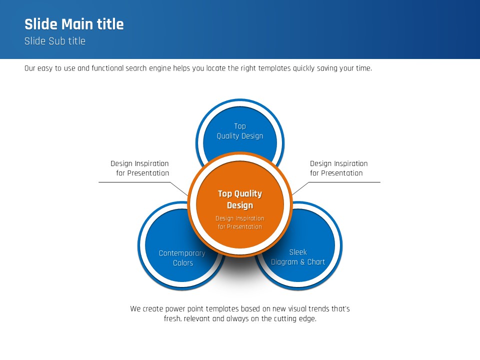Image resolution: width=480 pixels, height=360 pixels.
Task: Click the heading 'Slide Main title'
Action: pyautogui.click(x=74, y=24)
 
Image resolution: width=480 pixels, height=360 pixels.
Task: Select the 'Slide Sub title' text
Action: pyautogui.click(x=55, y=41)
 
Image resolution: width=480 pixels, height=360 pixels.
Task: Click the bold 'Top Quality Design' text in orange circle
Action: pyautogui.click(x=240, y=199)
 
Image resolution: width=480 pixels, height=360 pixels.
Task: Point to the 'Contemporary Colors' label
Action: pyautogui.click(x=182, y=258)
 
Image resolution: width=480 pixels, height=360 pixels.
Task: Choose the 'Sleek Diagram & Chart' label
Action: pyautogui.click(x=298, y=257)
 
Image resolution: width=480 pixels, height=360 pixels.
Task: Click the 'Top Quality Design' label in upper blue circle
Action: pyautogui.click(x=240, y=131)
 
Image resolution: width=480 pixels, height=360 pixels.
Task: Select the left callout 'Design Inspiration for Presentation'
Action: pyautogui.click(x=139, y=168)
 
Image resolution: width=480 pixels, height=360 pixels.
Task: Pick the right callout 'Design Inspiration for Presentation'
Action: pyautogui.click(x=338, y=168)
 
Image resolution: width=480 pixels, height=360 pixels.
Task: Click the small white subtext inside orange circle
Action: pyautogui.click(x=240, y=222)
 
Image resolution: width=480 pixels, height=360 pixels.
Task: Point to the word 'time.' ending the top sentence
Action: pyautogui.click(x=363, y=68)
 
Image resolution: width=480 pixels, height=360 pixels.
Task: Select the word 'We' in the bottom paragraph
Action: pyautogui.click(x=135, y=309)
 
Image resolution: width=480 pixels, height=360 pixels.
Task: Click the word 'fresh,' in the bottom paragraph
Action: pyautogui.click(x=172, y=318)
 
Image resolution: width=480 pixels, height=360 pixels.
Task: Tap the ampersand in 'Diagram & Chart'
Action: pyautogui.click(x=301, y=262)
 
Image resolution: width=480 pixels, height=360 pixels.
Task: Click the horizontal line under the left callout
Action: pyautogui.click(x=135, y=182)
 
